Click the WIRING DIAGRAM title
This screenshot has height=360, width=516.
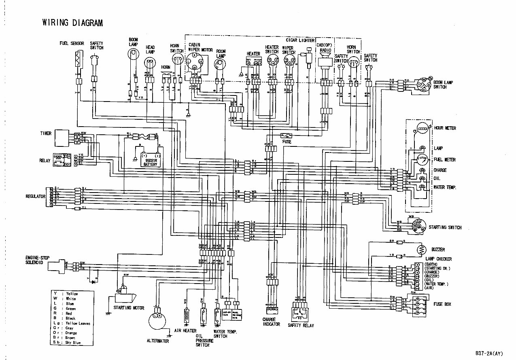pos(73,22)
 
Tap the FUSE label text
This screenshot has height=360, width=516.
pos(287,142)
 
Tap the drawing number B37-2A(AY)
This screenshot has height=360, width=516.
pos(489,353)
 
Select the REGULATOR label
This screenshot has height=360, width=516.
pos(36,196)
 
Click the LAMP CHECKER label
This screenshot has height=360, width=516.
pos(438,259)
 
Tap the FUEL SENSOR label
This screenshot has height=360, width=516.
pos(72,43)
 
